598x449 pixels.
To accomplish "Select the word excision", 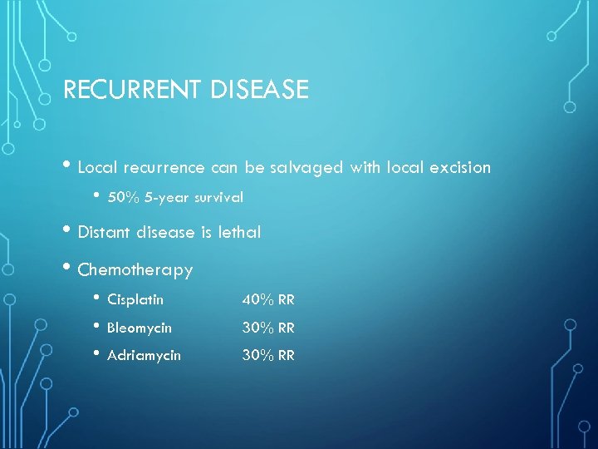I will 460,168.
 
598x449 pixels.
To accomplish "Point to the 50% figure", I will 122,198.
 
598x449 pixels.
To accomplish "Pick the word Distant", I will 106,233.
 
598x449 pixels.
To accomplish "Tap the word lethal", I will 239,233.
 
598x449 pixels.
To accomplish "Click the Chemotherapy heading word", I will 135,270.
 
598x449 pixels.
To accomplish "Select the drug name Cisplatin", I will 135,300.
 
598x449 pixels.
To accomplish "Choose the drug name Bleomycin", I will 140,328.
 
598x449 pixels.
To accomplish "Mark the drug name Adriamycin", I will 144,356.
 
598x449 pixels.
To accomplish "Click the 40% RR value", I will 268,300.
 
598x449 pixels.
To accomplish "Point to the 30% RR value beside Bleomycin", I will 268,328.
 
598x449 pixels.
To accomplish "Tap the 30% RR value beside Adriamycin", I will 268,356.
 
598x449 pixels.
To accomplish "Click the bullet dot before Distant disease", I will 68,231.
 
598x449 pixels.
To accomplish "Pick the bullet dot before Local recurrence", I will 68,166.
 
